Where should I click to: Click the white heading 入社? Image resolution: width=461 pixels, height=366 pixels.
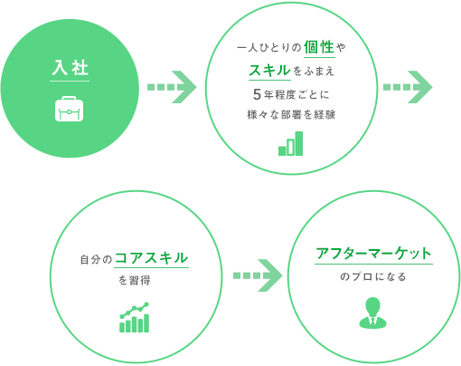point(70,67)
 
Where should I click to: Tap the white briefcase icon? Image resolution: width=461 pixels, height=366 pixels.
point(69,109)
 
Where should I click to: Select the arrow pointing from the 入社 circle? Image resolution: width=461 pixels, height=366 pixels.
point(172,87)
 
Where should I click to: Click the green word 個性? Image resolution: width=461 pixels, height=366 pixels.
point(319,47)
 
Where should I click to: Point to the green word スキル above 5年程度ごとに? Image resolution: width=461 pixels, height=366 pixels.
point(269,71)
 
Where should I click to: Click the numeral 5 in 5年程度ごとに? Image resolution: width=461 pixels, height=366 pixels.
point(257,94)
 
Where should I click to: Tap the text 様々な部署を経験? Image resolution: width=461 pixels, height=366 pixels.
point(291,115)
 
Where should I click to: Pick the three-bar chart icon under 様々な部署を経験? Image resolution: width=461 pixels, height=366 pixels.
point(290,143)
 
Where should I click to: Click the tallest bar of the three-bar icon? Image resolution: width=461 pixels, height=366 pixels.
point(299,143)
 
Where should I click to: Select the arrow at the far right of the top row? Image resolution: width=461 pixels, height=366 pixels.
point(408,87)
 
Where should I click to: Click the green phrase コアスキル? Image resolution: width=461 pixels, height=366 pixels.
point(151,258)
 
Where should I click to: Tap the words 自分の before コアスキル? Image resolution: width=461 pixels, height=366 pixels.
point(96,260)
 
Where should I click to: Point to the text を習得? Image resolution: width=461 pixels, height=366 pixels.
point(134,281)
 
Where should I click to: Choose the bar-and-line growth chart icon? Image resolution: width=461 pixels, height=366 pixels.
point(135,317)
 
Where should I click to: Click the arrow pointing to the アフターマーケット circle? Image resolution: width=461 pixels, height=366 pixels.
point(258,275)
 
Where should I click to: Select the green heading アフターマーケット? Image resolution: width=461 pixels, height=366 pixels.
point(373,254)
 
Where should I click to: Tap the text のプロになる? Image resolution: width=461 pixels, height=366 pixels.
point(373,276)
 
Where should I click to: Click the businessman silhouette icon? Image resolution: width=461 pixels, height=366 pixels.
point(372,313)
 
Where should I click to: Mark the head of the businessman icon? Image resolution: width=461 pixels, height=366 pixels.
point(372,305)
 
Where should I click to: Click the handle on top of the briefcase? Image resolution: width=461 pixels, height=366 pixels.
point(69,98)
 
